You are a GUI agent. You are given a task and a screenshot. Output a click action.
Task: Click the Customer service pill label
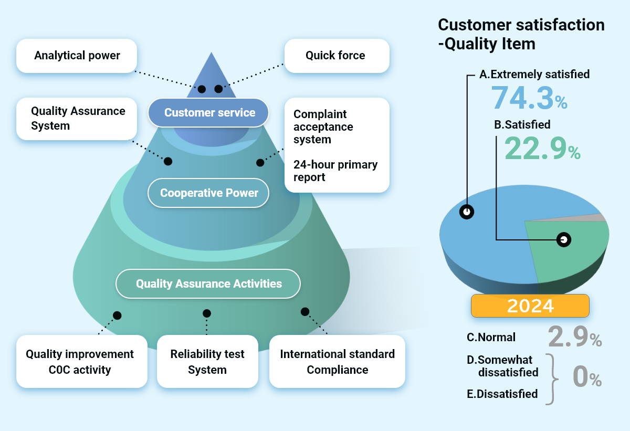[x=208, y=112]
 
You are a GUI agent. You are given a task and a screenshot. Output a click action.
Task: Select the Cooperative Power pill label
[x=208, y=193]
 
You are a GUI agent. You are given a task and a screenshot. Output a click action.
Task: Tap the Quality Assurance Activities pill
[x=208, y=284]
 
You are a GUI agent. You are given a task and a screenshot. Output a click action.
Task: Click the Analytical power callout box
[x=77, y=56]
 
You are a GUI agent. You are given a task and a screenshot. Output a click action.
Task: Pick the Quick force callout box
[x=337, y=56]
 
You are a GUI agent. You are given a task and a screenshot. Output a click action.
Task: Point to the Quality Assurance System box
[x=77, y=119]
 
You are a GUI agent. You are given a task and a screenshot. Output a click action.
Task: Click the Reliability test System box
[x=207, y=362]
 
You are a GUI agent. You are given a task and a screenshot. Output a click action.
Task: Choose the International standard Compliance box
[x=337, y=362]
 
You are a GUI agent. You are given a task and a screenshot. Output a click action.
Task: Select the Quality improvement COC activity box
[x=80, y=362]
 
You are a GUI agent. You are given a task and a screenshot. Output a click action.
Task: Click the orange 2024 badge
[x=530, y=306]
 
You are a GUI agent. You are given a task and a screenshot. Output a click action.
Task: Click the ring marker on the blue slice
[x=466, y=212]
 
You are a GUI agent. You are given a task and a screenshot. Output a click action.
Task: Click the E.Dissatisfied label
[x=502, y=394]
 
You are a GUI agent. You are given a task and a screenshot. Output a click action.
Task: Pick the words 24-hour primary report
[x=335, y=171]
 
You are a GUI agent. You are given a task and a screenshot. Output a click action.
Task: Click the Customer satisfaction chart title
[x=521, y=34]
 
